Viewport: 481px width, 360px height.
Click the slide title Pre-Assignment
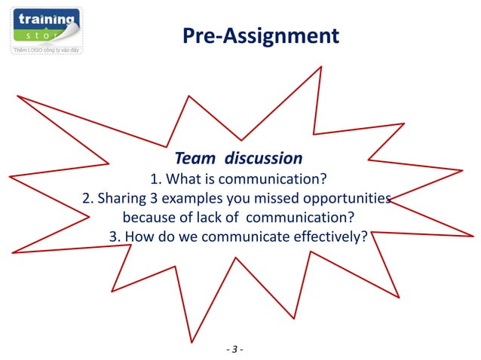[261, 35]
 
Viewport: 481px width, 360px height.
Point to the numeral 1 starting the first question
[155, 179]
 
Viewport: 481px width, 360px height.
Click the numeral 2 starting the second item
[86, 199]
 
